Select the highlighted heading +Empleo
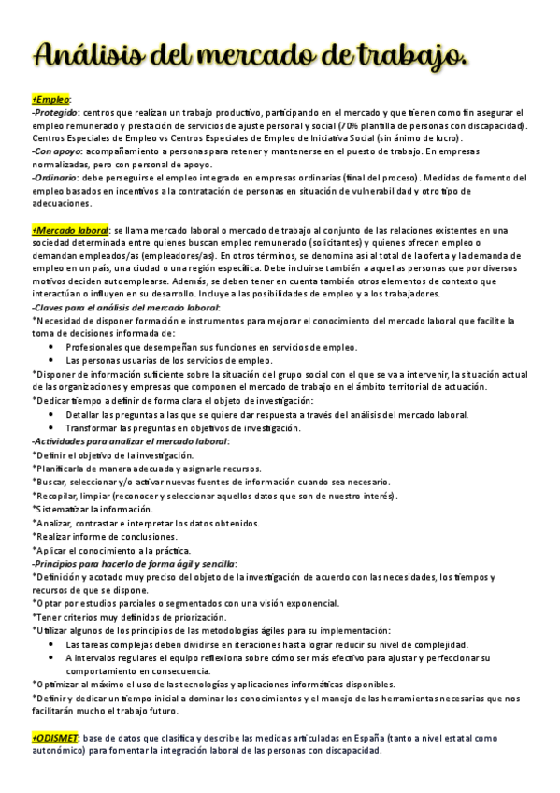pos(50,99)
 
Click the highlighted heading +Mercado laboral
pos(70,230)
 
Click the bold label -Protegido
pos(54,112)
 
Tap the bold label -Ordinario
pos(55,176)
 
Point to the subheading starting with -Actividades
pos(130,440)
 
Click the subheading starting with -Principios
pos(134,564)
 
